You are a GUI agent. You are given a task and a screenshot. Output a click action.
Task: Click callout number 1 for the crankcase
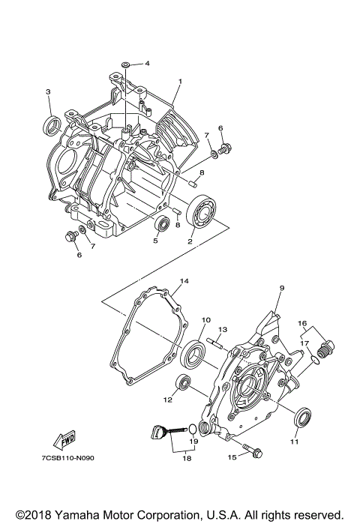coord(180,81)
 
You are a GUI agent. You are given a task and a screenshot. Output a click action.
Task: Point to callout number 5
coord(155,241)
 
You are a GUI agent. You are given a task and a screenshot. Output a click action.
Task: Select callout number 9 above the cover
coord(282,287)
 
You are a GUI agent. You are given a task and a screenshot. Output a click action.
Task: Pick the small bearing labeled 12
coord(182,383)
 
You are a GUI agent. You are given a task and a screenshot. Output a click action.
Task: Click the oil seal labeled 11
coord(301,416)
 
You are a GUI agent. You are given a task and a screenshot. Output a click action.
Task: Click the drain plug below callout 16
coord(325,349)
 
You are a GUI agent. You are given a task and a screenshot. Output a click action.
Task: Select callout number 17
coord(304,343)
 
